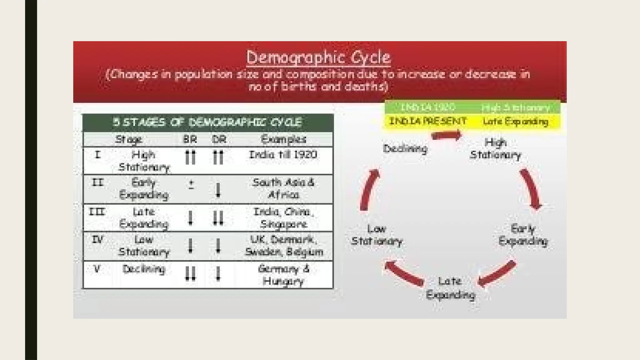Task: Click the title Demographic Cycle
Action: coord(318,57)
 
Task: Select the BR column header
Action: coord(190,139)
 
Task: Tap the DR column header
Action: coord(219,139)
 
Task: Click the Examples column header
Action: coord(283,139)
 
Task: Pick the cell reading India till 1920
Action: coord(283,155)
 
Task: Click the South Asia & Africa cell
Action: coord(283,188)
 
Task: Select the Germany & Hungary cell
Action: coord(283,275)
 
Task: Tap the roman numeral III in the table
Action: coord(97,212)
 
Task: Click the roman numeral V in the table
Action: coord(97,269)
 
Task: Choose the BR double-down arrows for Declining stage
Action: coord(190,274)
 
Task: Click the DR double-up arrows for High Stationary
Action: coord(218,157)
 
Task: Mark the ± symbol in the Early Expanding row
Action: coord(191,184)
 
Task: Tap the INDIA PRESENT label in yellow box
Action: coord(428,121)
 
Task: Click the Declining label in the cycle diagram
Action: coord(405,149)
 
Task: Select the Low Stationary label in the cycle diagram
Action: coord(377,235)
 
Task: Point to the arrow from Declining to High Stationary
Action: coord(446,136)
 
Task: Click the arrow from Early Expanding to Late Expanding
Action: coord(497,274)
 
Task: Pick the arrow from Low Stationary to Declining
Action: coord(369,189)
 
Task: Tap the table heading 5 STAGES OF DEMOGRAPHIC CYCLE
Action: coord(207,122)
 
